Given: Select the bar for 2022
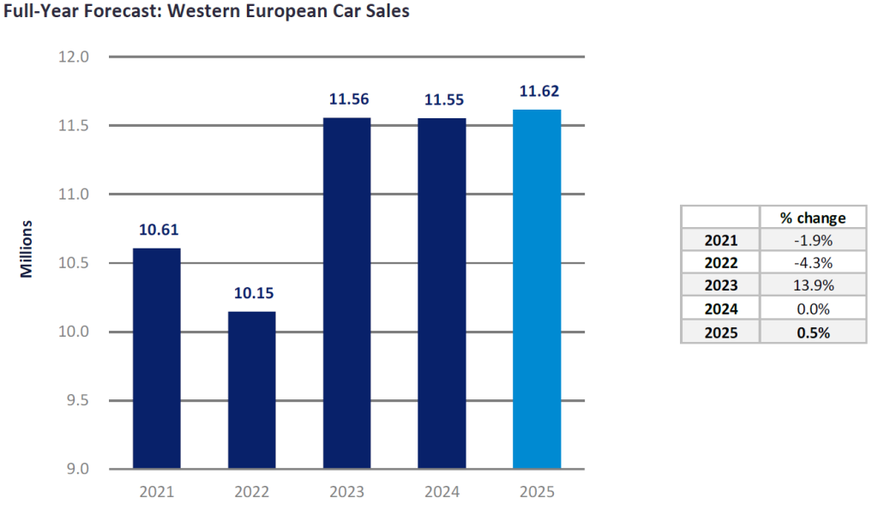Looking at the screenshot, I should [x=251, y=390].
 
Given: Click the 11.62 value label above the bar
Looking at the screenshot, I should [x=537, y=91].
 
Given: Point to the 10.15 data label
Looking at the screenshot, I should [x=251, y=293].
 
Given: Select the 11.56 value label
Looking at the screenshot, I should [x=346, y=99].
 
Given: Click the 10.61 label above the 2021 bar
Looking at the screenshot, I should [x=156, y=230].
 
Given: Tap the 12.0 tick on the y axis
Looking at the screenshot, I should [x=75, y=57].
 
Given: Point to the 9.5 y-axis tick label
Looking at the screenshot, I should [x=76, y=400].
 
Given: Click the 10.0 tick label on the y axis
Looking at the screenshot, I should [x=75, y=332].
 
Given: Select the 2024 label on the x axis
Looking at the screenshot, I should [x=442, y=493].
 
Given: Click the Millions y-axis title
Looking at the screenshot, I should [x=27, y=249].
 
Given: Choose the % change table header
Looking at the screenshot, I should [x=812, y=218].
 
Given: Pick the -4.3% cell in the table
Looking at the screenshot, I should [x=812, y=264].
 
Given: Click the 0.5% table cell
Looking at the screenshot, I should [x=812, y=333].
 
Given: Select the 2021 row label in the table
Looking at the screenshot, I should [x=720, y=241].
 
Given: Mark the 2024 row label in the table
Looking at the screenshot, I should [x=720, y=310].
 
